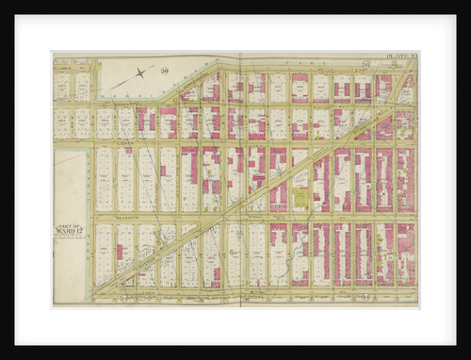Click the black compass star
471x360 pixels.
click(140, 73)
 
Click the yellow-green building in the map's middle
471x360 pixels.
click(300, 197)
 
